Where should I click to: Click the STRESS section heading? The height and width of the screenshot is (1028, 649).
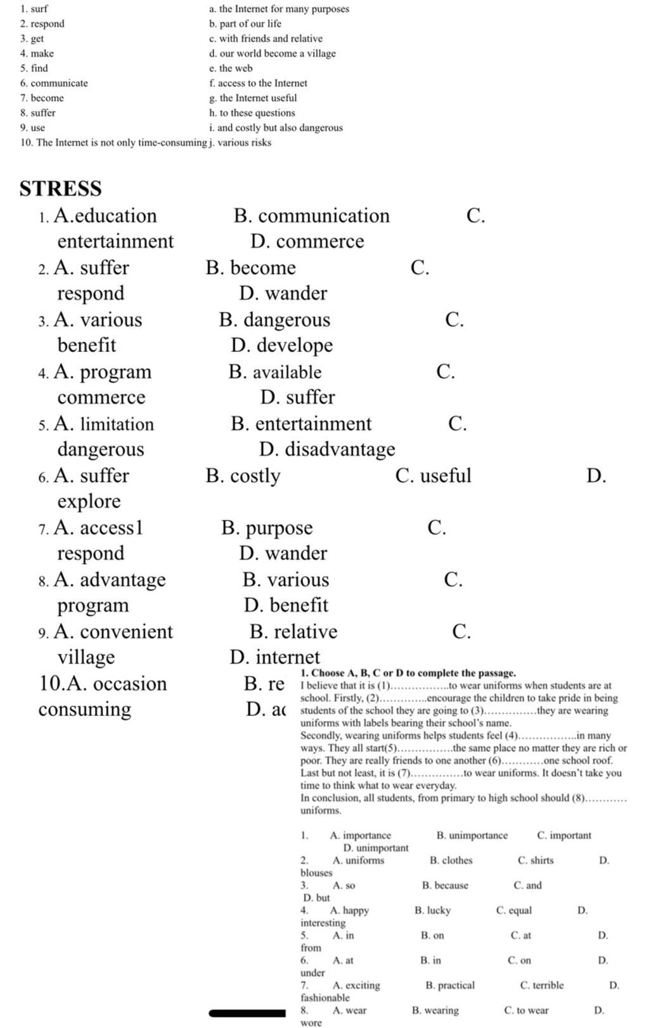point(60,188)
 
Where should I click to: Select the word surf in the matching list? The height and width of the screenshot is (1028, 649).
point(39,9)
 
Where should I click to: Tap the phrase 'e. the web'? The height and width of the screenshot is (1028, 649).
point(231,68)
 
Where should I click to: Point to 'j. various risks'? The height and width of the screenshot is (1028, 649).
point(240,143)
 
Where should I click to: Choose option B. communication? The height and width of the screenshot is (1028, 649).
point(311,216)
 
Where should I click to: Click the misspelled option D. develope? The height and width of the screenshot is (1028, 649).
point(282,345)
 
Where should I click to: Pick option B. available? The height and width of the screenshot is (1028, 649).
point(275,372)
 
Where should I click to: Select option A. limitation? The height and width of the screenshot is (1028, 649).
point(104,424)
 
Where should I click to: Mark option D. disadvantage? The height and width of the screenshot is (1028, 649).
point(327,449)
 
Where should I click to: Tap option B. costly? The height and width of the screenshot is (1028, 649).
point(243,476)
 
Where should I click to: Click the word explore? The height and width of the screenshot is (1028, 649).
point(89,501)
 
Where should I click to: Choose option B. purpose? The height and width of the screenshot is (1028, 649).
point(267,528)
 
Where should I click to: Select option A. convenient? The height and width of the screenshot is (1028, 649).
point(113,632)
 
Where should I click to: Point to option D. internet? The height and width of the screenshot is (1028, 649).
point(275,657)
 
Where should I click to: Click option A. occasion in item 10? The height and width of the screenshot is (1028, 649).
point(103,684)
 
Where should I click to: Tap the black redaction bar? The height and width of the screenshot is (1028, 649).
point(247,1013)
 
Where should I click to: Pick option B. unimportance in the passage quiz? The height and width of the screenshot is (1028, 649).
point(472,836)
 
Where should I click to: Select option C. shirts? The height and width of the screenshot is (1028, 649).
point(536,861)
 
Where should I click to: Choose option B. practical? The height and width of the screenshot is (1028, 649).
point(450,986)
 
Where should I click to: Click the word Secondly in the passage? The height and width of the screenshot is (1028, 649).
point(320,736)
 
